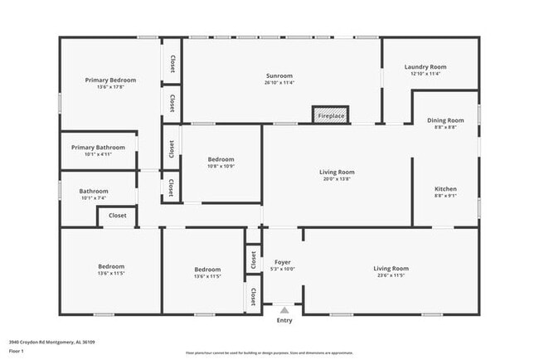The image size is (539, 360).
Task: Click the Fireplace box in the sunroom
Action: [331, 115]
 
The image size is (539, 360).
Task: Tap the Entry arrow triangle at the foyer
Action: [284, 309]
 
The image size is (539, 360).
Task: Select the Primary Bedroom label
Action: [110, 80]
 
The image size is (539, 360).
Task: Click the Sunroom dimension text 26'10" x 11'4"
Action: [279, 82]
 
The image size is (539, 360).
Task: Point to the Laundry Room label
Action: [425, 66]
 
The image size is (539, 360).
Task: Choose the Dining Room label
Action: [445, 120]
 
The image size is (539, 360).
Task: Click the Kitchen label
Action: [445, 188]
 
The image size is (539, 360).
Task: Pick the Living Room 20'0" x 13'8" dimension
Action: [337, 178]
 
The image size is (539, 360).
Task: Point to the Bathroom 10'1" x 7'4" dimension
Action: [93, 197]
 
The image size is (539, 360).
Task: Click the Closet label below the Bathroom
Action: [118, 215]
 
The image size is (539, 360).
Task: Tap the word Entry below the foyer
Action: [284, 320]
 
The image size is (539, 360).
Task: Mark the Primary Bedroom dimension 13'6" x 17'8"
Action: [110, 86]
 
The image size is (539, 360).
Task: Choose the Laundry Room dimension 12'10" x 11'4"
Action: [425, 73]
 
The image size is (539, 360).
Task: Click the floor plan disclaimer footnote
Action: [269, 353]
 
